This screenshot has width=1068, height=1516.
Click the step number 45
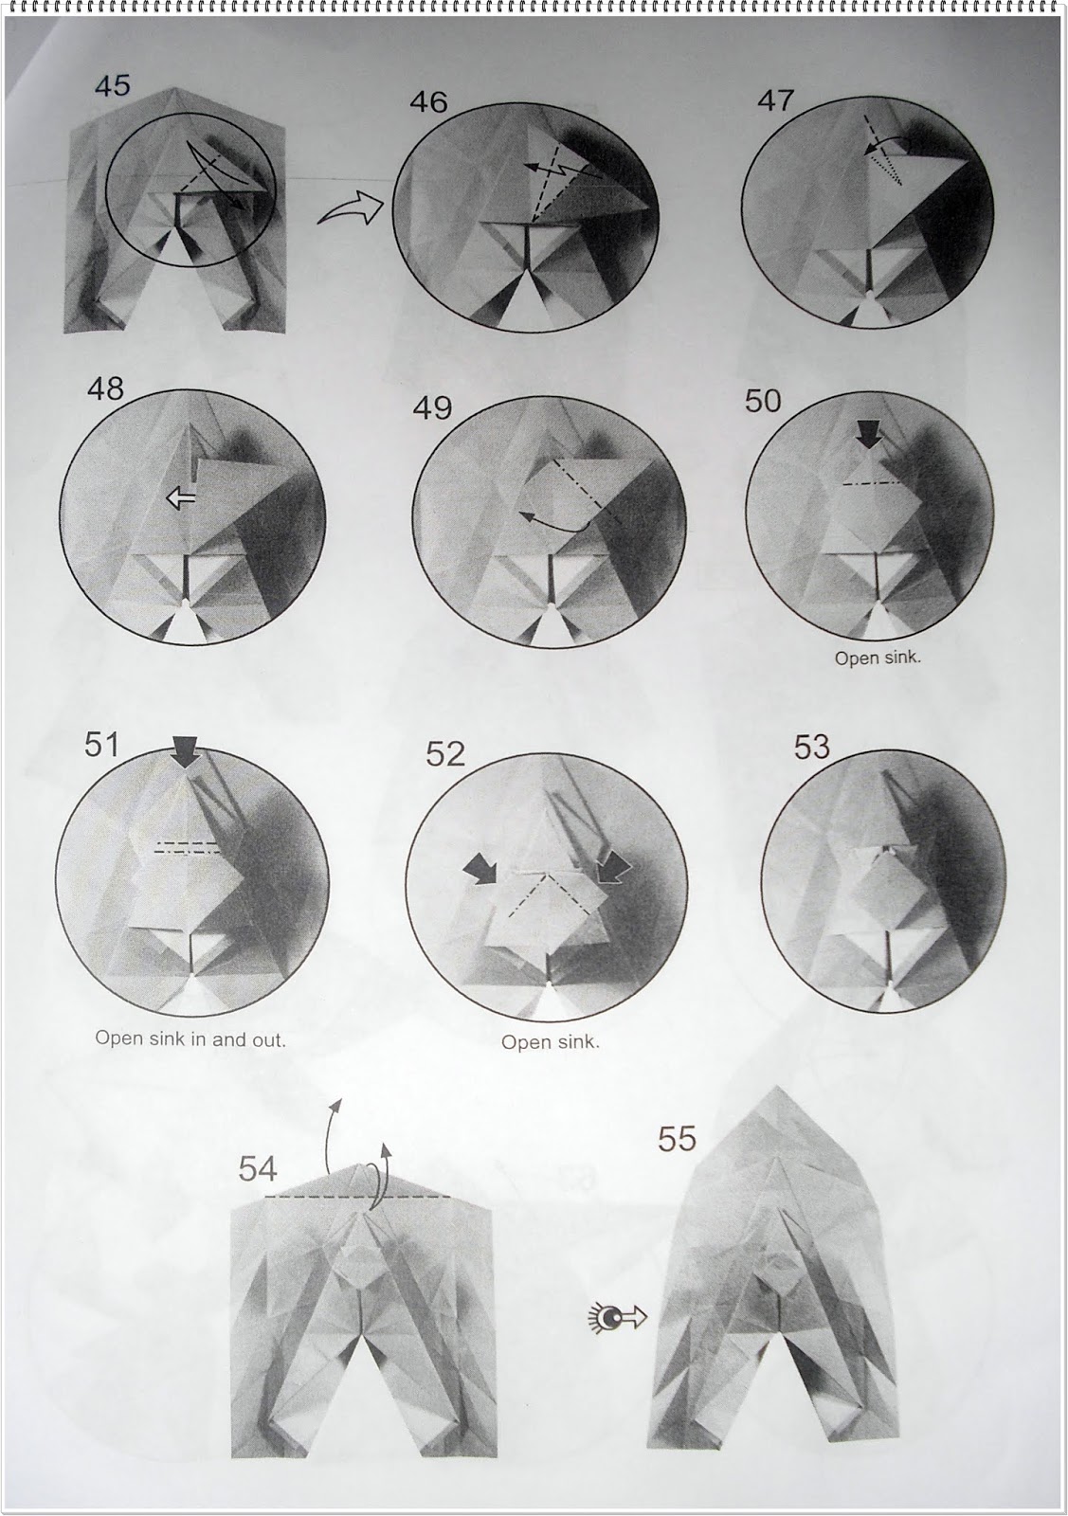click(113, 86)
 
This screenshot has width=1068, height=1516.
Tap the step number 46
click(428, 103)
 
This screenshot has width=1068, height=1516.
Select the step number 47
click(775, 101)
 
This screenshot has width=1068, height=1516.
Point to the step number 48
click(106, 389)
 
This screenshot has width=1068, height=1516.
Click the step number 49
click(432, 408)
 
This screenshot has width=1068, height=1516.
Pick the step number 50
click(764, 402)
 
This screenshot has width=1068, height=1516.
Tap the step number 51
click(102, 745)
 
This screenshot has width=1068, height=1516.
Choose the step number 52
click(445, 754)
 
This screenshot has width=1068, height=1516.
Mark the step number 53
click(812, 748)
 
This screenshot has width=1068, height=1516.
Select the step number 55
click(678, 1140)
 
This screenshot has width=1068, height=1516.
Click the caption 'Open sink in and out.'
click(190, 1038)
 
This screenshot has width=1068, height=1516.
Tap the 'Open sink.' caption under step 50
click(878, 659)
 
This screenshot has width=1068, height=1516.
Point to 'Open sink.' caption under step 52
click(551, 1042)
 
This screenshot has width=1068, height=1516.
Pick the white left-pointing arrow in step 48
click(180, 499)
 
